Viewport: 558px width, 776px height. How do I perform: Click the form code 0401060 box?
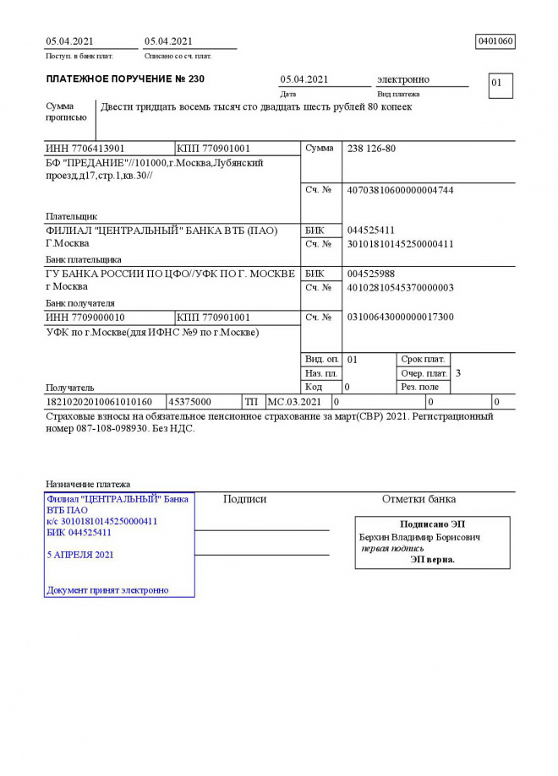[x=495, y=41]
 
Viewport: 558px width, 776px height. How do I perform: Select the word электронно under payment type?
[x=403, y=79]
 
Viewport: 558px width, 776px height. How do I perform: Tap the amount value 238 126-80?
[x=372, y=149]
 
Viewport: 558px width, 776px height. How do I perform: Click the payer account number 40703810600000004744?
[x=400, y=191]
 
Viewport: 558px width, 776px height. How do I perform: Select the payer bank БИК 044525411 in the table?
[x=371, y=231]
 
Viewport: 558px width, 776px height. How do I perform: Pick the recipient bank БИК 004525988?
[x=371, y=274]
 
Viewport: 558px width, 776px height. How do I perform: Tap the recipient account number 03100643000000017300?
[x=400, y=317]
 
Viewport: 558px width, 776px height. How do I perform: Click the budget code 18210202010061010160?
[x=99, y=402]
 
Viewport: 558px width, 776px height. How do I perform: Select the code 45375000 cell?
[x=191, y=402]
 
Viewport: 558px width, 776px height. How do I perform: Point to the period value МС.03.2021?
[x=295, y=402]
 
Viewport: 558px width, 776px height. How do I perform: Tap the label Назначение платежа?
[x=88, y=485]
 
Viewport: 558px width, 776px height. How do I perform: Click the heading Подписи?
[x=244, y=499]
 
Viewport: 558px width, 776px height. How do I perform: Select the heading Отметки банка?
[x=419, y=499]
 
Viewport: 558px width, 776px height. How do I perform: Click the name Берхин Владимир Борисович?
[x=419, y=537]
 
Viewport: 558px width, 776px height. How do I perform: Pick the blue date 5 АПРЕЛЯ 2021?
[x=80, y=555]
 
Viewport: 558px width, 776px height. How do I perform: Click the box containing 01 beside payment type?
[x=500, y=84]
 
